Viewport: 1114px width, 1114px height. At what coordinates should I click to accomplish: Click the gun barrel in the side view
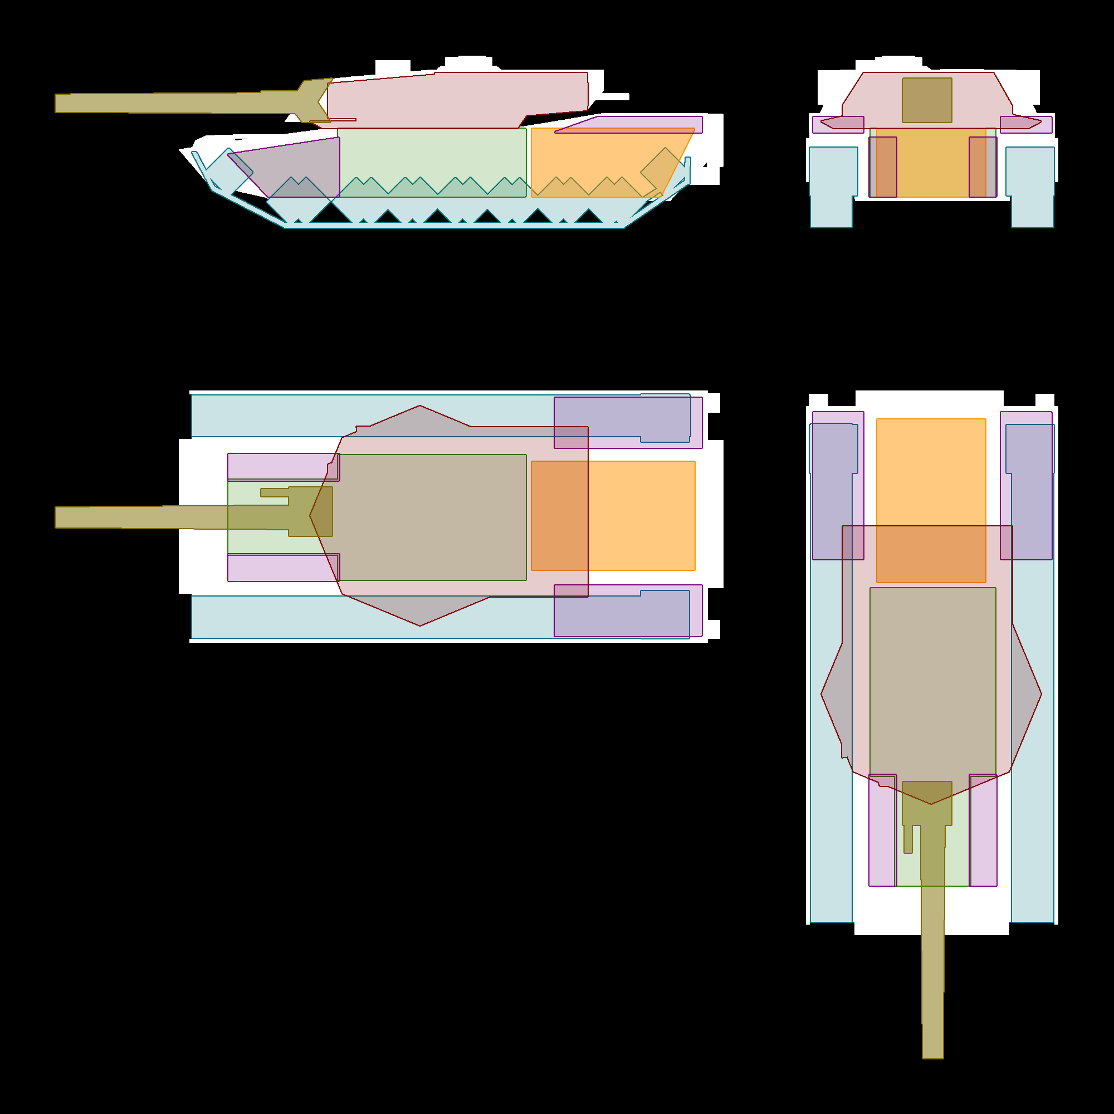pos(173,102)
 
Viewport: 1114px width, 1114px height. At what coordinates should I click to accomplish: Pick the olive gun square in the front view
pos(927,100)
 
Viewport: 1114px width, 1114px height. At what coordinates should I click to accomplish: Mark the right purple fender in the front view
pos(1026,124)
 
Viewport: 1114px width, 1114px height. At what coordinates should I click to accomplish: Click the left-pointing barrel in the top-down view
pos(144,517)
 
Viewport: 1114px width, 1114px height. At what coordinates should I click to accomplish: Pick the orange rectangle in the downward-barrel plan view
pos(931,473)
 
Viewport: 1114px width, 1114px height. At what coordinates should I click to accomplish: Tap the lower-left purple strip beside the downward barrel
pos(881,830)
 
